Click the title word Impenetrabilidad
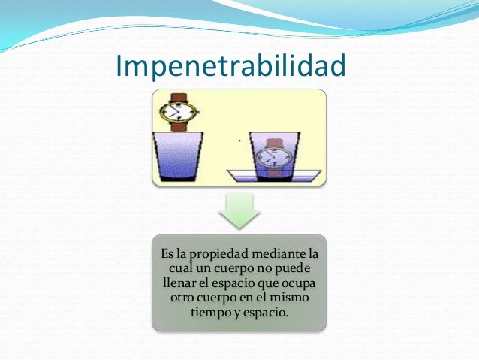coord(230,66)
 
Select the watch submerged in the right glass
coord(273,157)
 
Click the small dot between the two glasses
coord(239,141)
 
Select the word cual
coord(175,268)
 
